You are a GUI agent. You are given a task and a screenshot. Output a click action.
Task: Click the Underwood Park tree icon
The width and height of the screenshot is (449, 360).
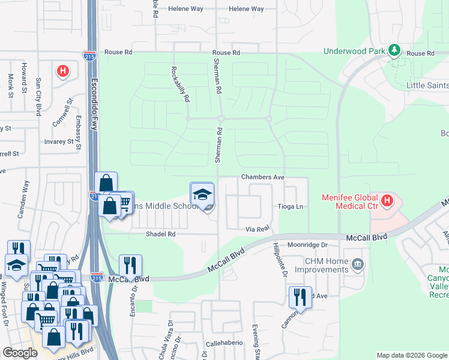[x=394, y=50]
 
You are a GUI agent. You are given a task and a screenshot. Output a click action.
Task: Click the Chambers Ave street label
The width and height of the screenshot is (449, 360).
[x=262, y=178]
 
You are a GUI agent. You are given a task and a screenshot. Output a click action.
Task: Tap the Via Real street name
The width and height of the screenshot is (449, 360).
[x=259, y=229]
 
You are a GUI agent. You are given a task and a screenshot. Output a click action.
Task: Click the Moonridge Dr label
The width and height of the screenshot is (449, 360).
[x=307, y=245]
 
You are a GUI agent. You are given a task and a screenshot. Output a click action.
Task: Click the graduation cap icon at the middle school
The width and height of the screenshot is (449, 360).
[x=202, y=194]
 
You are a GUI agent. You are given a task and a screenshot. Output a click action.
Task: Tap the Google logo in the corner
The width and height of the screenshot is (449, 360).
[x=20, y=353]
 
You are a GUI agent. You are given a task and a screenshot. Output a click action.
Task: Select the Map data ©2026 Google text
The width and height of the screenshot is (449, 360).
[x=411, y=355]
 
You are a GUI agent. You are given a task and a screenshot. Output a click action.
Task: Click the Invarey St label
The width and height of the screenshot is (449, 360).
[x=58, y=142]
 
